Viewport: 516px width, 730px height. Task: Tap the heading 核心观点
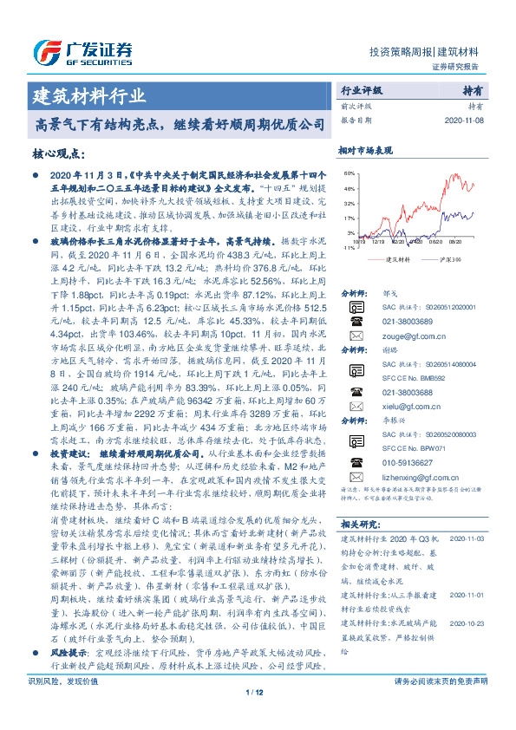pos(59,153)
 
